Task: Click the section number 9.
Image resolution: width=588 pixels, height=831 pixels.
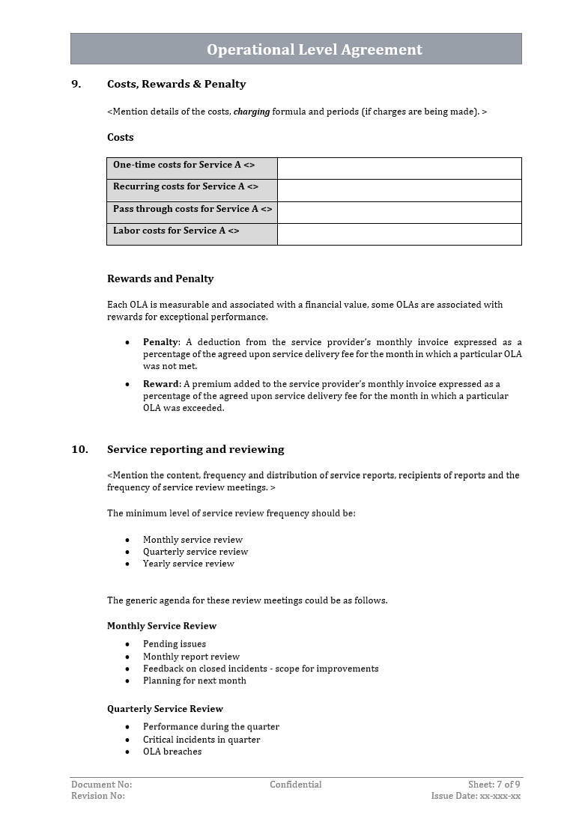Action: tap(76, 84)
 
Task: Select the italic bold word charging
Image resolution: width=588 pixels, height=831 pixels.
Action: tap(252, 112)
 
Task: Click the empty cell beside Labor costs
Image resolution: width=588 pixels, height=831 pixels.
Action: tap(398, 234)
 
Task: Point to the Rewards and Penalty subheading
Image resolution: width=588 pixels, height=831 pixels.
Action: tap(160, 278)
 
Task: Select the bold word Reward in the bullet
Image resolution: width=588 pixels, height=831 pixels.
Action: tap(161, 384)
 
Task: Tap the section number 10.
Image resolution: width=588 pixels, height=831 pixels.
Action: tap(79, 449)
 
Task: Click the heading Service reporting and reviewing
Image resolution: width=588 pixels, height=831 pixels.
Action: tap(196, 449)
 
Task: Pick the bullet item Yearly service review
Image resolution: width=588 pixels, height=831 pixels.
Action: tap(189, 564)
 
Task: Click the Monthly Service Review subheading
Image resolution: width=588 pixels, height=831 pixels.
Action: tap(162, 626)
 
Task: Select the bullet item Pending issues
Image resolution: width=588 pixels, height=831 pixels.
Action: tap(175, 644)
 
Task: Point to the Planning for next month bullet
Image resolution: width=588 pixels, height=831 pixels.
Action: tap(195, 681)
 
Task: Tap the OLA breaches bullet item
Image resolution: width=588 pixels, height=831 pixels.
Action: tap(172, 752)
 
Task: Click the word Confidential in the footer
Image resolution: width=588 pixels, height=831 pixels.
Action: tap(296, 785)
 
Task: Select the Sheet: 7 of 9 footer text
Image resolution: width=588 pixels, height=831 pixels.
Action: tap(494, 785)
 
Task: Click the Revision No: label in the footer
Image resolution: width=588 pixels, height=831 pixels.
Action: tap(98, 796)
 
